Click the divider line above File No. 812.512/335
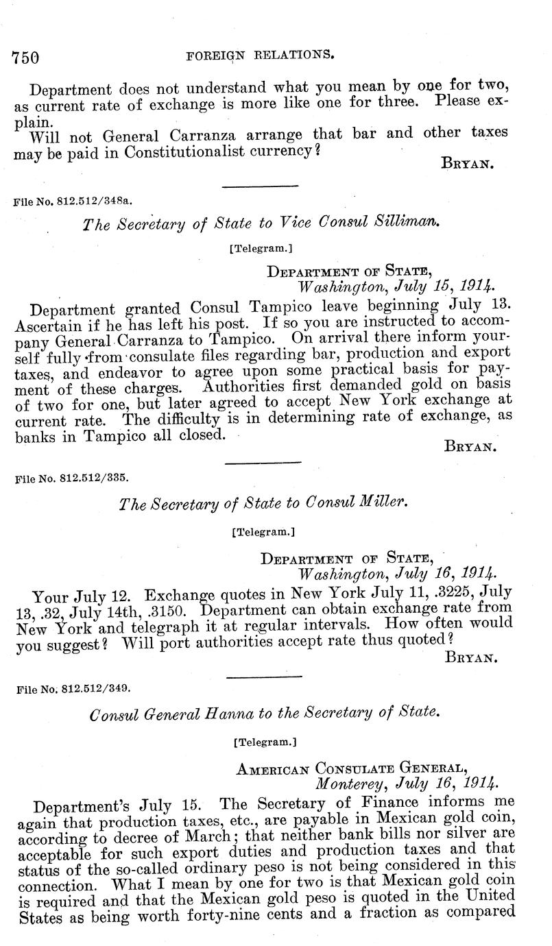click(x=263, y=462)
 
